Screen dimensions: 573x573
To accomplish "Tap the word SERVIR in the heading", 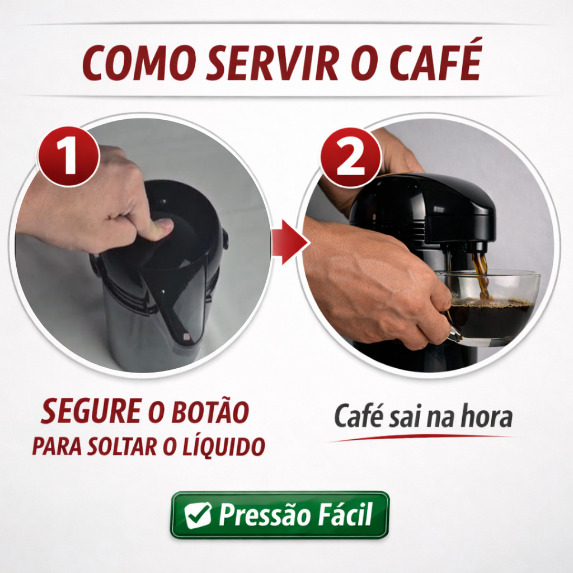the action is click(273, 63).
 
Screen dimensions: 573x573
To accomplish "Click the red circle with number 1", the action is click(68, 157).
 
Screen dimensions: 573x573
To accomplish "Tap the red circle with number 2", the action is click(350, 157).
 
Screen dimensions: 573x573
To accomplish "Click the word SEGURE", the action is click(91, 411).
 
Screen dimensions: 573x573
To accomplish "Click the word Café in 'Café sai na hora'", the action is click(358, 416).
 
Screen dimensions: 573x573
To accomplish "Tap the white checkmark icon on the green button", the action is click(198, 515).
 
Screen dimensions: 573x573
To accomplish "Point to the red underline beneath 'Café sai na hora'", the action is click(420, 438).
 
